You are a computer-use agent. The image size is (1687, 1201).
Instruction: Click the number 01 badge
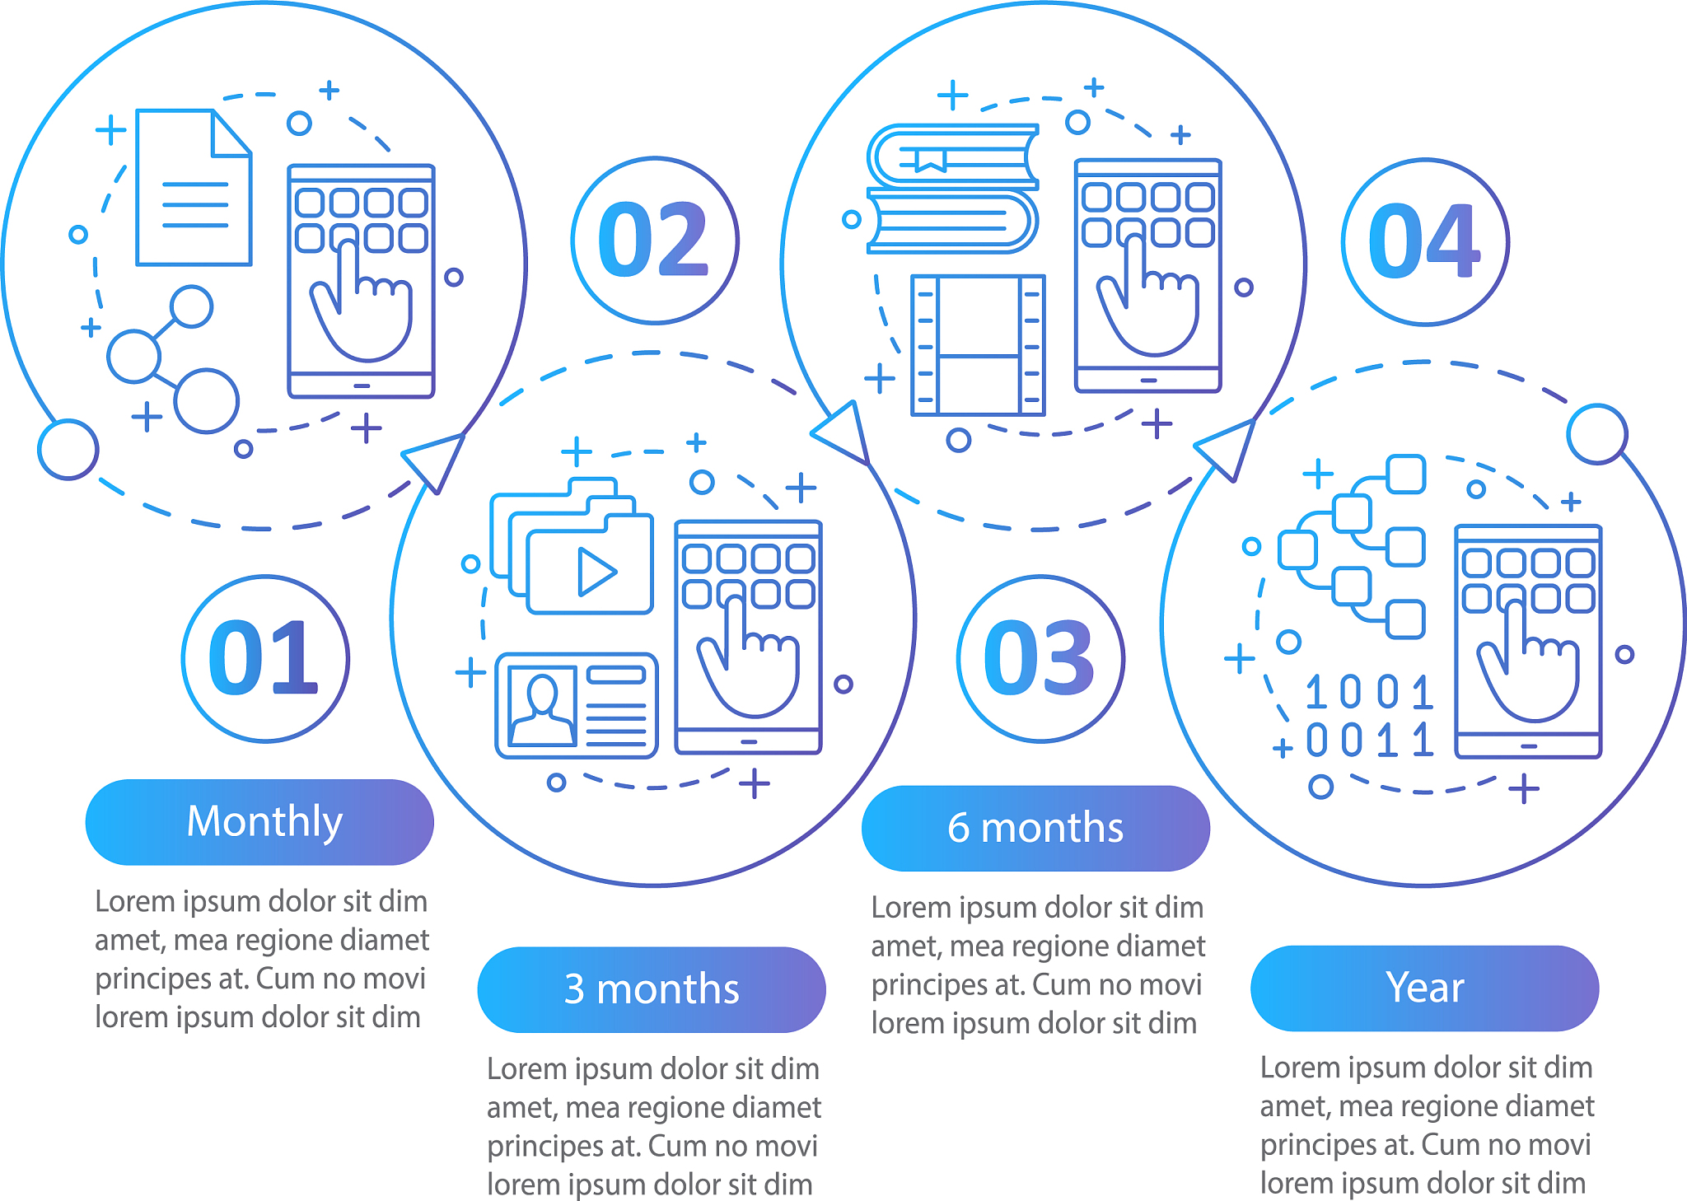(x=265, y=659)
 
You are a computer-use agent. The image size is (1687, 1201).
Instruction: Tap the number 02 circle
(x=655, y=241)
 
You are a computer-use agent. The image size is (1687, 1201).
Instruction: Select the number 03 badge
(x=1040, y=659)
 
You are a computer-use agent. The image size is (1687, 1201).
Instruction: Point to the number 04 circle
(x=1425, y=242)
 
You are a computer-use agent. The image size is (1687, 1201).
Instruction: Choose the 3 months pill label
(x=652, y=989)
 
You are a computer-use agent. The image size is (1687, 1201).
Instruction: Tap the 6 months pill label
(x=1035, y=828)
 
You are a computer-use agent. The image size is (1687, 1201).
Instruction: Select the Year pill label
(x=1424, y=988)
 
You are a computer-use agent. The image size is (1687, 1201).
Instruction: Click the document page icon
(x=194, y=187)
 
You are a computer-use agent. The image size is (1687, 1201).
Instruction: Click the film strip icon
(x=978, y=344)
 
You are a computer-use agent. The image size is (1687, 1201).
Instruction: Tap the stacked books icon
(x=953, y=188)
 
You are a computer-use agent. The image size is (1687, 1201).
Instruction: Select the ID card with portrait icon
(x=577, y=705)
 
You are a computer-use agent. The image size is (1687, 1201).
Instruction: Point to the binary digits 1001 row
(x=1369, y=692)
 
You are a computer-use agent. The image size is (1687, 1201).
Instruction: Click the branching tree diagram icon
(x=1352, y=546)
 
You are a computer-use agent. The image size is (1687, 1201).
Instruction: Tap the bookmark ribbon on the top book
(x=930, y=159)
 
